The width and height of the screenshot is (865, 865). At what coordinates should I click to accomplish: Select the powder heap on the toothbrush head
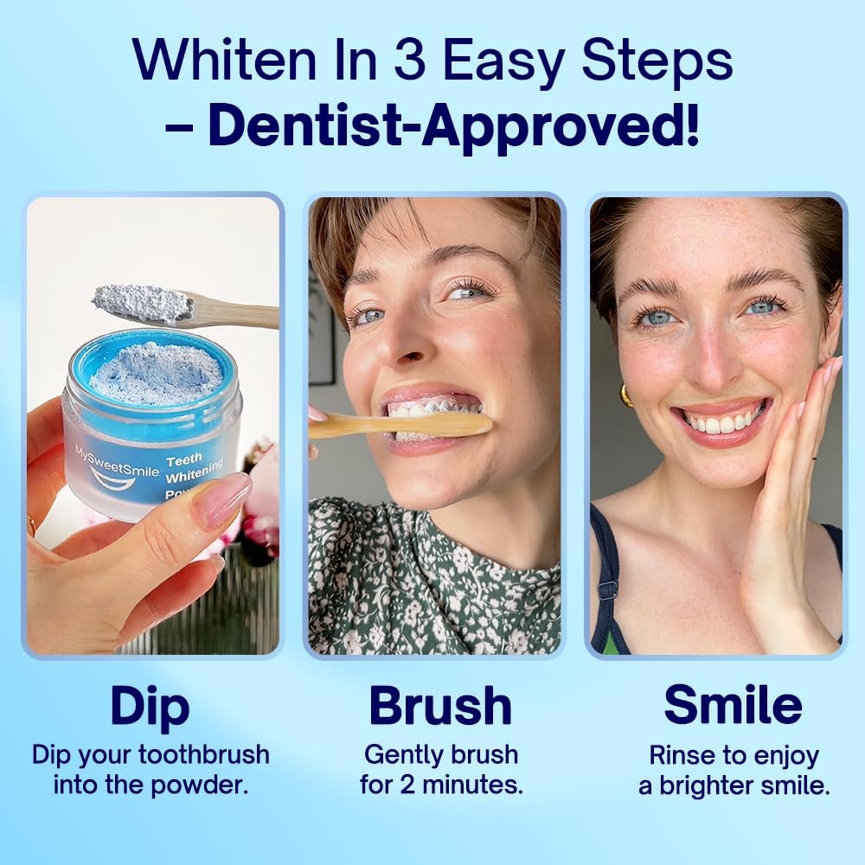pos(142,302)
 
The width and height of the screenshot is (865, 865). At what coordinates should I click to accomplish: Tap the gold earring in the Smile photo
pos(625,394)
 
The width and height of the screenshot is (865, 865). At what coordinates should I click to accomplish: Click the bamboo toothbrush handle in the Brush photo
pos(407,425)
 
